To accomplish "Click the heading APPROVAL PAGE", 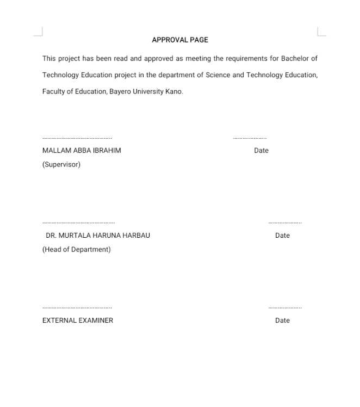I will point(180,40).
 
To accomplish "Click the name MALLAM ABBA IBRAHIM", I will point(82,151).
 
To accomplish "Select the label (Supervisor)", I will point(61,165).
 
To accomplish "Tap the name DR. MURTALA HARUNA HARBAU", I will point(98,236).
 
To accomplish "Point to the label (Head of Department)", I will point(77,250).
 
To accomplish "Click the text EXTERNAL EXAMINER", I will point(78,320).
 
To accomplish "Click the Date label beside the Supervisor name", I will point(261,151).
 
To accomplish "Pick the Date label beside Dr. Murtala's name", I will point(282,236).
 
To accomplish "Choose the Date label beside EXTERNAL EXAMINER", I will point(282,320).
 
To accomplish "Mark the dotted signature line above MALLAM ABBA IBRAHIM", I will point(77,138).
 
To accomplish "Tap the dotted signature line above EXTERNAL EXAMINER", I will point(77,308).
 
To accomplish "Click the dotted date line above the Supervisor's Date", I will point(250,138).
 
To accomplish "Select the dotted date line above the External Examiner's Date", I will point(285,308).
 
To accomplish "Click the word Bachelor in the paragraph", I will point(294,58).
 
